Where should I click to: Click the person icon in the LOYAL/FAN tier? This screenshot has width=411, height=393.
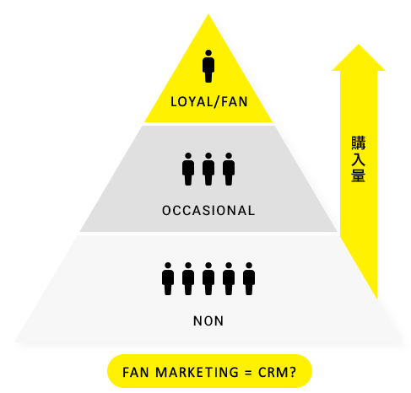(x=208, y=67)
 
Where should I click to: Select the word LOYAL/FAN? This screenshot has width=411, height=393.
(x=209, y=101)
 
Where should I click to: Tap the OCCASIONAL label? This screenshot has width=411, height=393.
(x=208, y=211)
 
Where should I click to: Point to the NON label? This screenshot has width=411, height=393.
(x=208, y=320)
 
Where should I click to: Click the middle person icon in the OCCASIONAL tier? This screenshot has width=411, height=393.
(x=208, y=170)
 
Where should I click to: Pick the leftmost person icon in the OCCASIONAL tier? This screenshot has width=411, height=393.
(x=188, y=170)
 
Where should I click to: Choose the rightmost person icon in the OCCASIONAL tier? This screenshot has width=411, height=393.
(x=229, y=170)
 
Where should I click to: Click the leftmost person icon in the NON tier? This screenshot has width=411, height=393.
(x=168, y=279)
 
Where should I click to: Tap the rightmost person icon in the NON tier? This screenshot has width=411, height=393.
(x=249, y=279)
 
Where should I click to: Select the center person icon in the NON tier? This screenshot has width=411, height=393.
(x=208, y=279)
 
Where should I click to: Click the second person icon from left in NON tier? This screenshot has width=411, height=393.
(x=188, y=279)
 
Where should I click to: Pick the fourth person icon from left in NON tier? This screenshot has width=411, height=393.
(x=229, y=279)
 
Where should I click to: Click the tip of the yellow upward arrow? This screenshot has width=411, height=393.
(x=359, y=45)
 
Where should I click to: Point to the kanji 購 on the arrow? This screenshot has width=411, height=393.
(x=359, y=143)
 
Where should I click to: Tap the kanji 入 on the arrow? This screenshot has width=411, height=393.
(x=359, y=159)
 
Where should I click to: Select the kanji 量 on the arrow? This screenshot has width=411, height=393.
(x=359, y=175)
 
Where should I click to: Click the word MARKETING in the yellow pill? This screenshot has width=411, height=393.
(x=197, y=372)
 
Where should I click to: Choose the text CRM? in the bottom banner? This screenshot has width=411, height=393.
(x=277, y=372)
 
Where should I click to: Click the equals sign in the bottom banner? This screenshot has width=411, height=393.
(x=248, y=373)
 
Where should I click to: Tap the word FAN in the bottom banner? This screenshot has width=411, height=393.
(x=136, y=372)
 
